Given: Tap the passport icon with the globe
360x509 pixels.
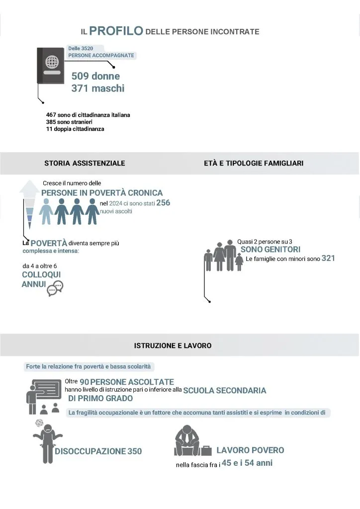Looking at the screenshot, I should [x=50, y=65].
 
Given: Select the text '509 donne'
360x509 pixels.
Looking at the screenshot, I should [x=95, y=76].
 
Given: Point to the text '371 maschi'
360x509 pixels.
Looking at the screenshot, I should [x=97, y=88].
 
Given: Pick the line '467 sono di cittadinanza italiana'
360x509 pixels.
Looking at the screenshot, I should [x=88, y=115].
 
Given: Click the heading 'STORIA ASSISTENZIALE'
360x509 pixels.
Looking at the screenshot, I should [x=85, y=163].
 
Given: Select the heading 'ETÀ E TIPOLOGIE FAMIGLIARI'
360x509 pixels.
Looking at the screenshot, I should [x=254, y=163].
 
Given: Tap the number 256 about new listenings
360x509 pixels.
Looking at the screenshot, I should [x=164, y=203].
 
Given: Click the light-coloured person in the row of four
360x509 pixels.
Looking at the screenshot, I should [x=46, y=211].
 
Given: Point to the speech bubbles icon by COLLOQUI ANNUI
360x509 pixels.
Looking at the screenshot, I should [x=55, y=288].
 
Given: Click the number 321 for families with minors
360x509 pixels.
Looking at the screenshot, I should [x=328, y=258].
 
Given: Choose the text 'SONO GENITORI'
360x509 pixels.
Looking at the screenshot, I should [x=270, y=250].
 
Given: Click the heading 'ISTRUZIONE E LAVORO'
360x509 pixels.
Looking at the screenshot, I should [x=173, y=345].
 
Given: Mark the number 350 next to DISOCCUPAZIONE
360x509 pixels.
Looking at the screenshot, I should [x=134, y=451].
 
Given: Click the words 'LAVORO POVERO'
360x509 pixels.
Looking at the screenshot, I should [x=250, y=450].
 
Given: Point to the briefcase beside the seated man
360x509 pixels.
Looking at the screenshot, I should [x=206, y=449].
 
